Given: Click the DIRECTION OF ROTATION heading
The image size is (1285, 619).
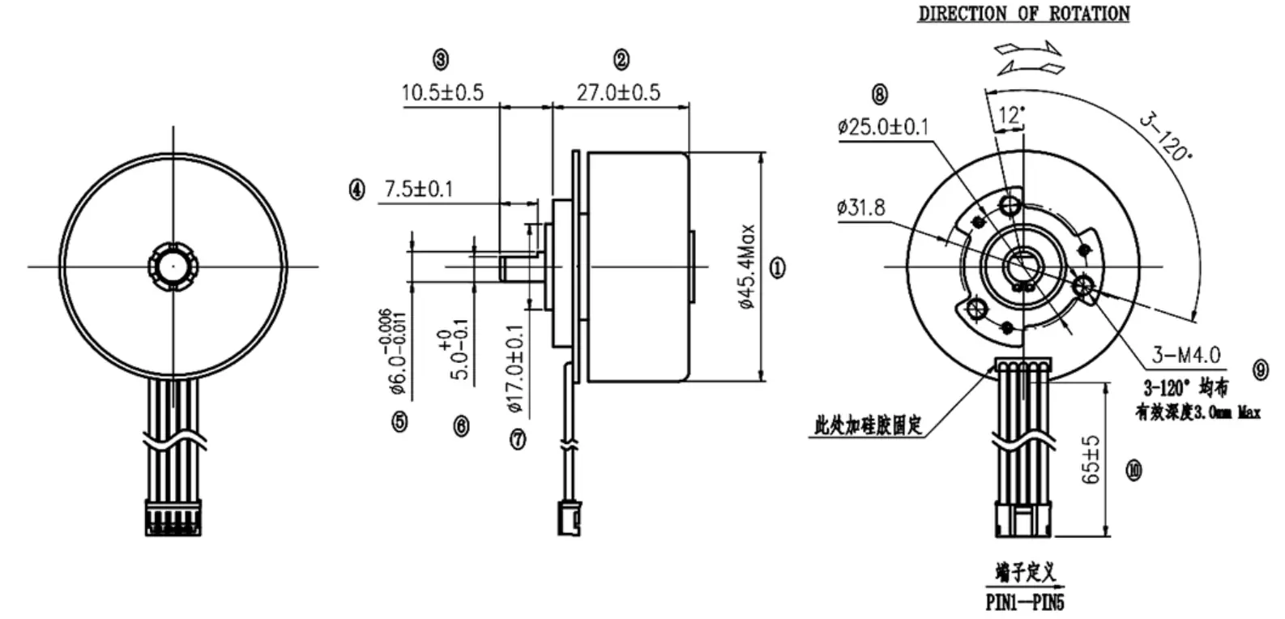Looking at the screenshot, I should (1023, 14).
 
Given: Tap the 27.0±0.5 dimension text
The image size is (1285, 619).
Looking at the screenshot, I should (618, 92).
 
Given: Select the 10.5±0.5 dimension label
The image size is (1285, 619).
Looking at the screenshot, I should (442, 92).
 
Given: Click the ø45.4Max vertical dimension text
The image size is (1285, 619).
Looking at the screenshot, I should (747, 266).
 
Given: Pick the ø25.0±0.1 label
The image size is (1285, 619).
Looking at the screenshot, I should (883, 127).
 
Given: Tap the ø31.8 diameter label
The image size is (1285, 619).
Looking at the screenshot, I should (860, 207).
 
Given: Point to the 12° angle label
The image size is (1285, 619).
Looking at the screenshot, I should (1010, 115).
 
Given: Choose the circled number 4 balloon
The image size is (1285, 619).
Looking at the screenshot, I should (356, 190).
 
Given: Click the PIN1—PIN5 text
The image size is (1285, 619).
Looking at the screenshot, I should (1024, 603).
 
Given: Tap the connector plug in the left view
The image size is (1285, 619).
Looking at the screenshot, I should (173, 518).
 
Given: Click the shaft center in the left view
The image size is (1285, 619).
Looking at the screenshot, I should (173, 265).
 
